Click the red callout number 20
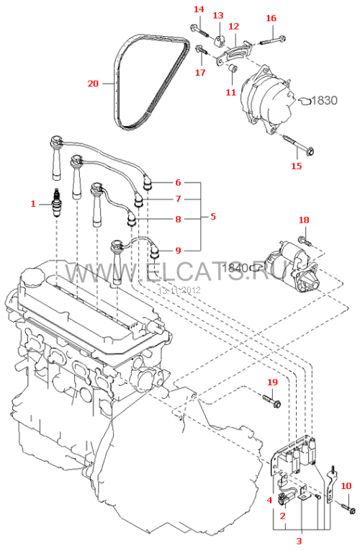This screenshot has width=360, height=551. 93,84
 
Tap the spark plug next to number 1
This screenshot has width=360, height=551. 56,203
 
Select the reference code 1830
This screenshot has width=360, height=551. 324,101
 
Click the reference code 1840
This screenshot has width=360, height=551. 235,268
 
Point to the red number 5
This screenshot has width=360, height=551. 213,217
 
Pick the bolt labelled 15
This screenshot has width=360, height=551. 297,144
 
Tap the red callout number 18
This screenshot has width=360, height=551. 304,220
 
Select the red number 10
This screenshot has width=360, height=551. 346,486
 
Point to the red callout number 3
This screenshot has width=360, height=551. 300,541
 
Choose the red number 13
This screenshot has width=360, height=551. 218,15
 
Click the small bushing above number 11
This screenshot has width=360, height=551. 233,68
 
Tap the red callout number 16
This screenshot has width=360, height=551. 271,18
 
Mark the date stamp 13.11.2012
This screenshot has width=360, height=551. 179,290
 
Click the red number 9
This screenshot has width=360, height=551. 178,251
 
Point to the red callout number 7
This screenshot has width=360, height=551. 178,200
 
